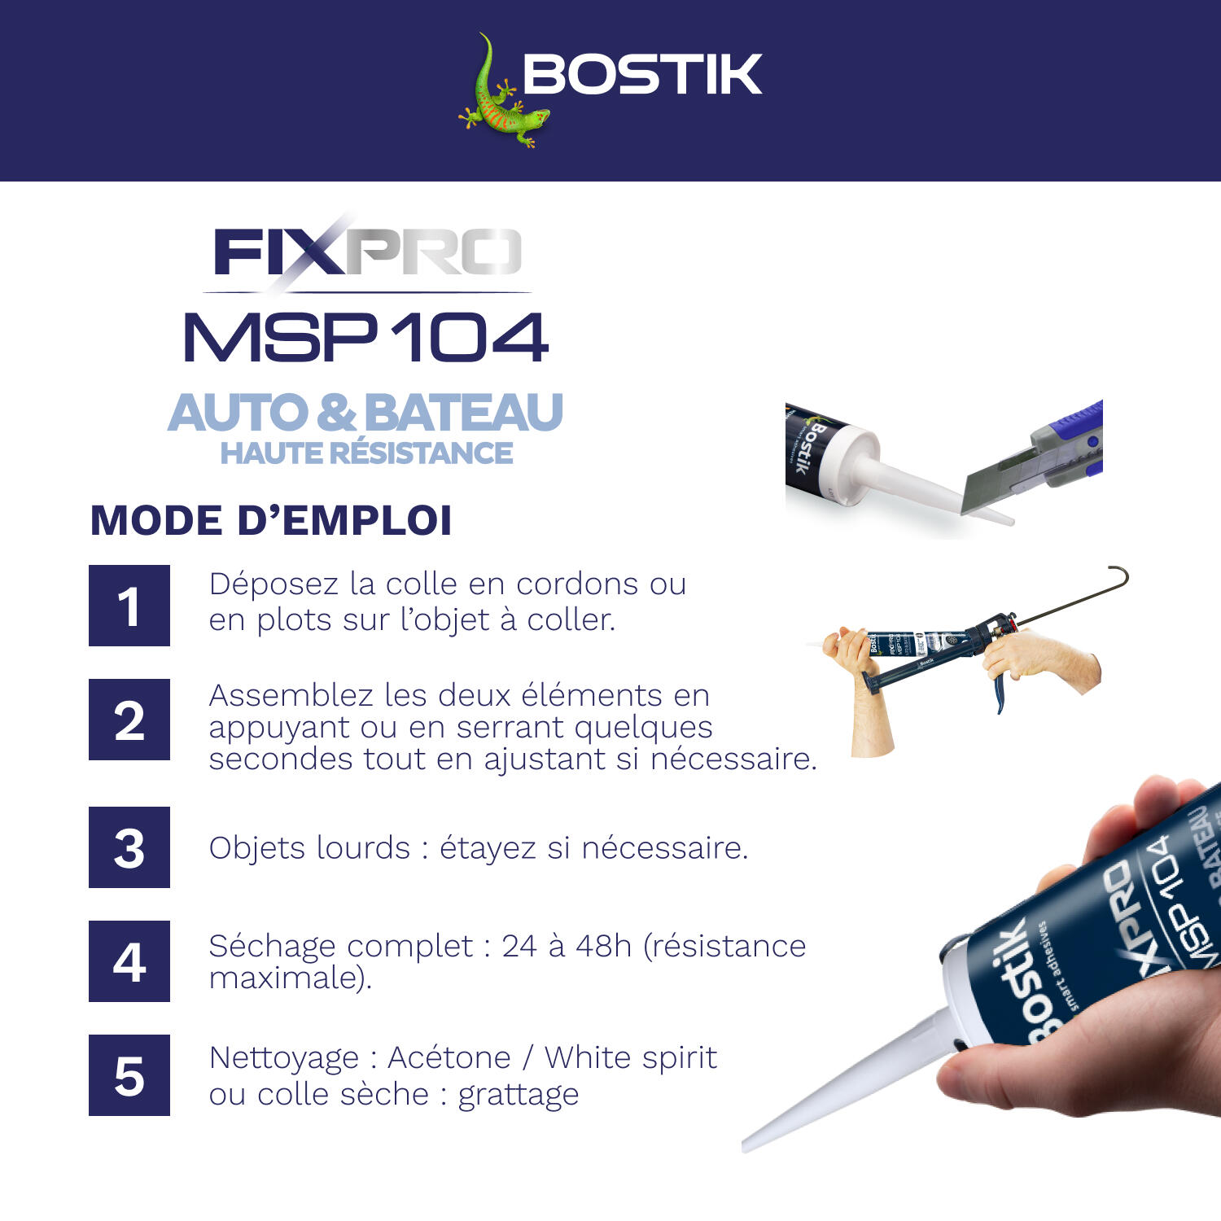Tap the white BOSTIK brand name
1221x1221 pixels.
coord(642,75)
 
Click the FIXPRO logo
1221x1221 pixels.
coord(366,252)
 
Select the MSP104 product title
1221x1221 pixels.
coord(366,337)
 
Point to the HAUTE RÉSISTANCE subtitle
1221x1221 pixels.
coord(366,453)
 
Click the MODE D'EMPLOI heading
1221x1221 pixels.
coord(271,521)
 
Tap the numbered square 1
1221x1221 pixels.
coord(129,606)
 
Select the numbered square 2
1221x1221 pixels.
coord(129,720)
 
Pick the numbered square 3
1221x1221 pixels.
coord(129,847)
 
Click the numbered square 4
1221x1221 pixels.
coord(129,961)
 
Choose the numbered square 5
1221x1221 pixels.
coord(129,1075)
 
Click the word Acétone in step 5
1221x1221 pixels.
coord(449,1057)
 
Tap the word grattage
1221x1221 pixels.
coord(519,1095)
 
